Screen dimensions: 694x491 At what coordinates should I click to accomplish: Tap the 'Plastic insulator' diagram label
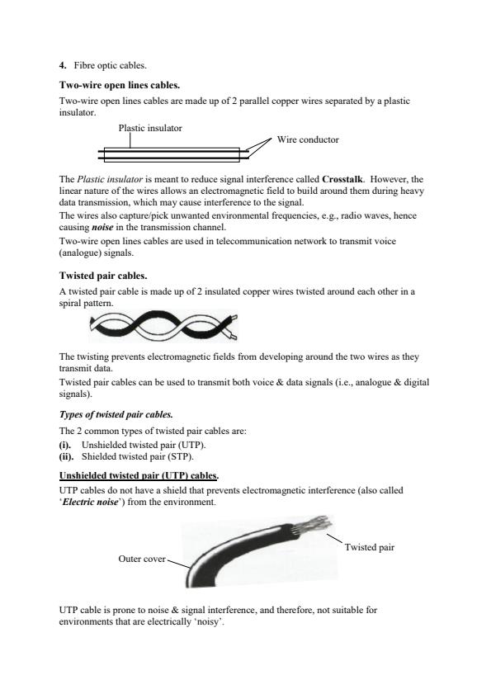click(x=150, y=129)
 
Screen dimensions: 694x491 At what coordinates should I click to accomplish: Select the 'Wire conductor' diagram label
click(x=308, y=140)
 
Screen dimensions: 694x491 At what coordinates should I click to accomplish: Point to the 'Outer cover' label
click(x=142, y=559)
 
